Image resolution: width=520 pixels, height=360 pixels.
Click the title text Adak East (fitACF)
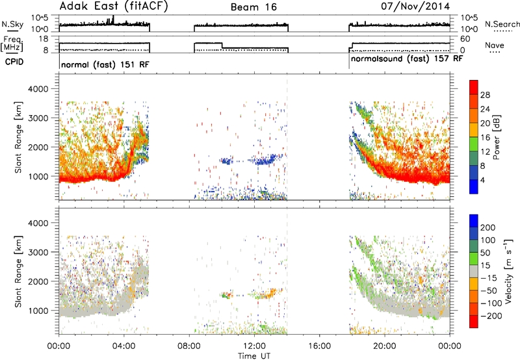(x=114, y=6)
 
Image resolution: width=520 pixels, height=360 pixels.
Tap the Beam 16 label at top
(x=253, y=7)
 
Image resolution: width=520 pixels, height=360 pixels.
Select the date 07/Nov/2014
(x=415, y=6)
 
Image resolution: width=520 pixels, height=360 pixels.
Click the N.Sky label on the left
(x=12, y=24)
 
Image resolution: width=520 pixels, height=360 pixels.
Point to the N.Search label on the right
(x=502, y=24)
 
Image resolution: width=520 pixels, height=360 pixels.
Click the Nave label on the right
(x=494, y=45)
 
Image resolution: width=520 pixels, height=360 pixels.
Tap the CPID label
(x=14, y=62)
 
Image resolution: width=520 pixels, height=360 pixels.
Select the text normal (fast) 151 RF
(x=105, y=64)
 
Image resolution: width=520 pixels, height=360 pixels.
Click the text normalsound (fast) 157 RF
(x=407, y=59)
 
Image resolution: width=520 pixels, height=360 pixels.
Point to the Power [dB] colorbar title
(x=496, y=137)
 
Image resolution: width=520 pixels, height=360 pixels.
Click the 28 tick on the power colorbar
(x=485, y=95)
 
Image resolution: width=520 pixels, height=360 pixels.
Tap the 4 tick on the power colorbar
(x=482, y=180)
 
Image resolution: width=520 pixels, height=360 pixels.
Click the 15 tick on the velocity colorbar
(x=485, y=266)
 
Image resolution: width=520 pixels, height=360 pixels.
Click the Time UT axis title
(x=254, y=355)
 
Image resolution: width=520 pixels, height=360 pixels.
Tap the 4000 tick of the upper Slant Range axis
(x=38, y=89)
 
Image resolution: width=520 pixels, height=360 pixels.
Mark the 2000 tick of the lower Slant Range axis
(x=38, y=281)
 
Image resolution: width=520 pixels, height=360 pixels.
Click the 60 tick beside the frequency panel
(x=465, y=39)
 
